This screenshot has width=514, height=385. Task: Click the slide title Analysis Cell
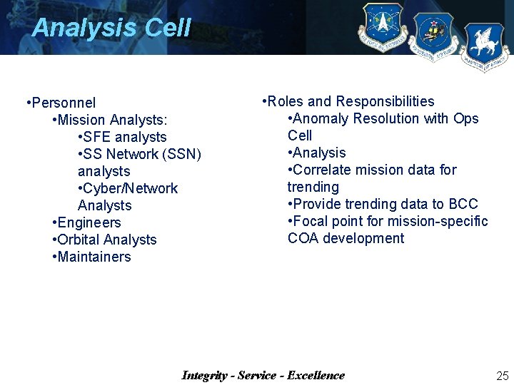(x=111, y=28)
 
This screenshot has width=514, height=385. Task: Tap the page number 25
(x=502, y=376)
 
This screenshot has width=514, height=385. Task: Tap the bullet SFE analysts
(x=124, y=137)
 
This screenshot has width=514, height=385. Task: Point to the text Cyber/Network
(x=130, y=188)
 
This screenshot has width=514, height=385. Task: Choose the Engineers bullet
(x=89, y=222)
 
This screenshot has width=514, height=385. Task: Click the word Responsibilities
(x=385, y=101)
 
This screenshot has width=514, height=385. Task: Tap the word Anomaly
(x=321, y=118)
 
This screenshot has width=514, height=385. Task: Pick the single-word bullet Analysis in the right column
(x=319, y=153)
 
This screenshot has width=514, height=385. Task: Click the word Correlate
(x=323, y=170)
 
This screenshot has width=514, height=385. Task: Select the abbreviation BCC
(x=463, y=204)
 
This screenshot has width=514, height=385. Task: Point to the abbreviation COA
(x=303, y=238)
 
